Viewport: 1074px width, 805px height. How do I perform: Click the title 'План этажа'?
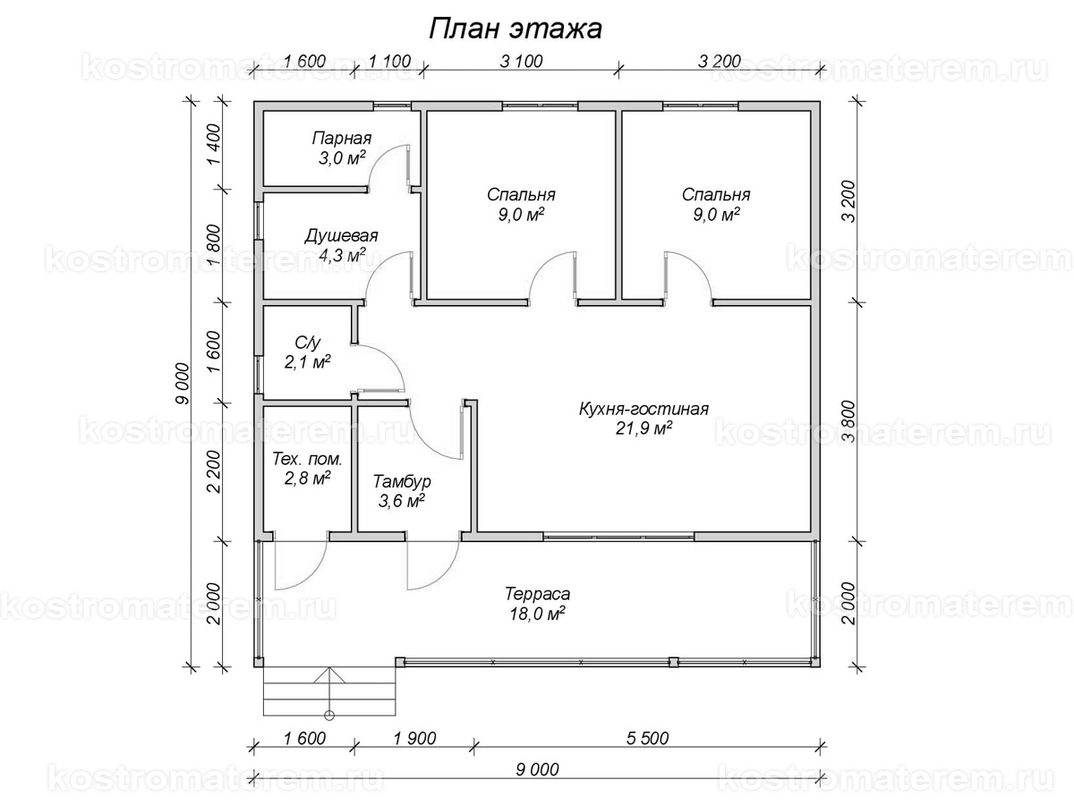tap(516, 30)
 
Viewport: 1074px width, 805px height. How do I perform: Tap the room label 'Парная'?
tap(342, 139)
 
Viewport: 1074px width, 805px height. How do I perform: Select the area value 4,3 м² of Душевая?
tap(342, 255)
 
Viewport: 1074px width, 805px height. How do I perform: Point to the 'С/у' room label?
tap(307, 343)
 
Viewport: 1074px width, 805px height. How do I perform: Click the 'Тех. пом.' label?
tap(307, 459)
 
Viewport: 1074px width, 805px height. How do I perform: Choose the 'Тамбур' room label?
tap(402, 481)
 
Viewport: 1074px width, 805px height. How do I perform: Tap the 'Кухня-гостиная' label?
tap(644, 409)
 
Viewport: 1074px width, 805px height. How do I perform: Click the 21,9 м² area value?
tap(644, 428)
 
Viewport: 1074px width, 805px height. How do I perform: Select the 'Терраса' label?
tap(537, 594)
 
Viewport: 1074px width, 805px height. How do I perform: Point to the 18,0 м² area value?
tap(537, 614)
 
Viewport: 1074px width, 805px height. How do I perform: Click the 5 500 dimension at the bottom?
tap(647, 738)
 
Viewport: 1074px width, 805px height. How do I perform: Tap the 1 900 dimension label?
tap(415, 738)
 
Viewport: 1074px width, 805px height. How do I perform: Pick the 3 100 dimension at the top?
tap(522, 61)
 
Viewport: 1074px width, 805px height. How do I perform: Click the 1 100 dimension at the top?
tap(389, 61)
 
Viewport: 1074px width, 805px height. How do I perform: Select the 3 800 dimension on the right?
tap(850, 421)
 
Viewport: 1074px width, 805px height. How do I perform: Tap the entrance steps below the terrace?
tap(329, 691)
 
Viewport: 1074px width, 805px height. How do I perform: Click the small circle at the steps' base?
tap(329, 716)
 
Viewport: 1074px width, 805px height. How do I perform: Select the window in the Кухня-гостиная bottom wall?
tap(619, 537)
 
